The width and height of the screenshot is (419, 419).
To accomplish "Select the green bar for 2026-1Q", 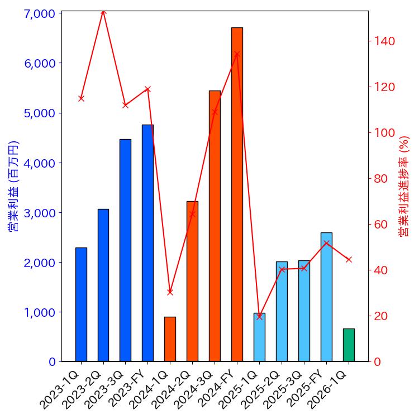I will [349, 345].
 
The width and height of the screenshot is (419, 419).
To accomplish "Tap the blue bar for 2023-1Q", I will [81, 304].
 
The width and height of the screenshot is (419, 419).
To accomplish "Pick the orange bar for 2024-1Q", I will [170, 339].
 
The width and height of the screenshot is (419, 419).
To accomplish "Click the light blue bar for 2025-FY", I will [326, 297].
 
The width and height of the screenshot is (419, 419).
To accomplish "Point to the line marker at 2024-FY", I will [237, 54].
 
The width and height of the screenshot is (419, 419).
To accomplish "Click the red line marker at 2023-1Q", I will [81, 98].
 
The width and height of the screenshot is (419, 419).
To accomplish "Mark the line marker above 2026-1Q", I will [349, 259].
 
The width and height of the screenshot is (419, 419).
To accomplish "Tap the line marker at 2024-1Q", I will [170, 292].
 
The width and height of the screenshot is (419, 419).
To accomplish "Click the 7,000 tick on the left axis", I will [40, 13].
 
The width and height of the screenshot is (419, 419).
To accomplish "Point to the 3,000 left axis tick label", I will [40, 213].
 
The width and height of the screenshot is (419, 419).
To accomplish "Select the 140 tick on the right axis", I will [385, 41].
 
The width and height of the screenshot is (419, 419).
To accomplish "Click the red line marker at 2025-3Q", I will [304, 268].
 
